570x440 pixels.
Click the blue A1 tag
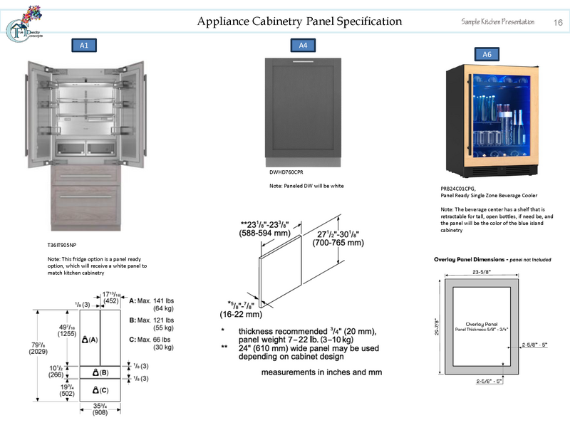(x=84, y=46)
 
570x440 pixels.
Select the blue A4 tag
(x=302, y=46)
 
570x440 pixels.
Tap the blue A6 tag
(x=487, y=54)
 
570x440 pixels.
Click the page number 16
(x=558, y=23)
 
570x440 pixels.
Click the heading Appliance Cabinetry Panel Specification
(x=299, y=21)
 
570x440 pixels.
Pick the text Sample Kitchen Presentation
(x=498, y=23)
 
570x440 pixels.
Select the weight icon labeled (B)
(x=100, y=372)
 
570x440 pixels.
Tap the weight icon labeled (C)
(x=100, y=390)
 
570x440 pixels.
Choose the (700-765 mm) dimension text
(x=338, y=243)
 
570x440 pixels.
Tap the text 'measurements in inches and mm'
(x=321, y=372)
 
